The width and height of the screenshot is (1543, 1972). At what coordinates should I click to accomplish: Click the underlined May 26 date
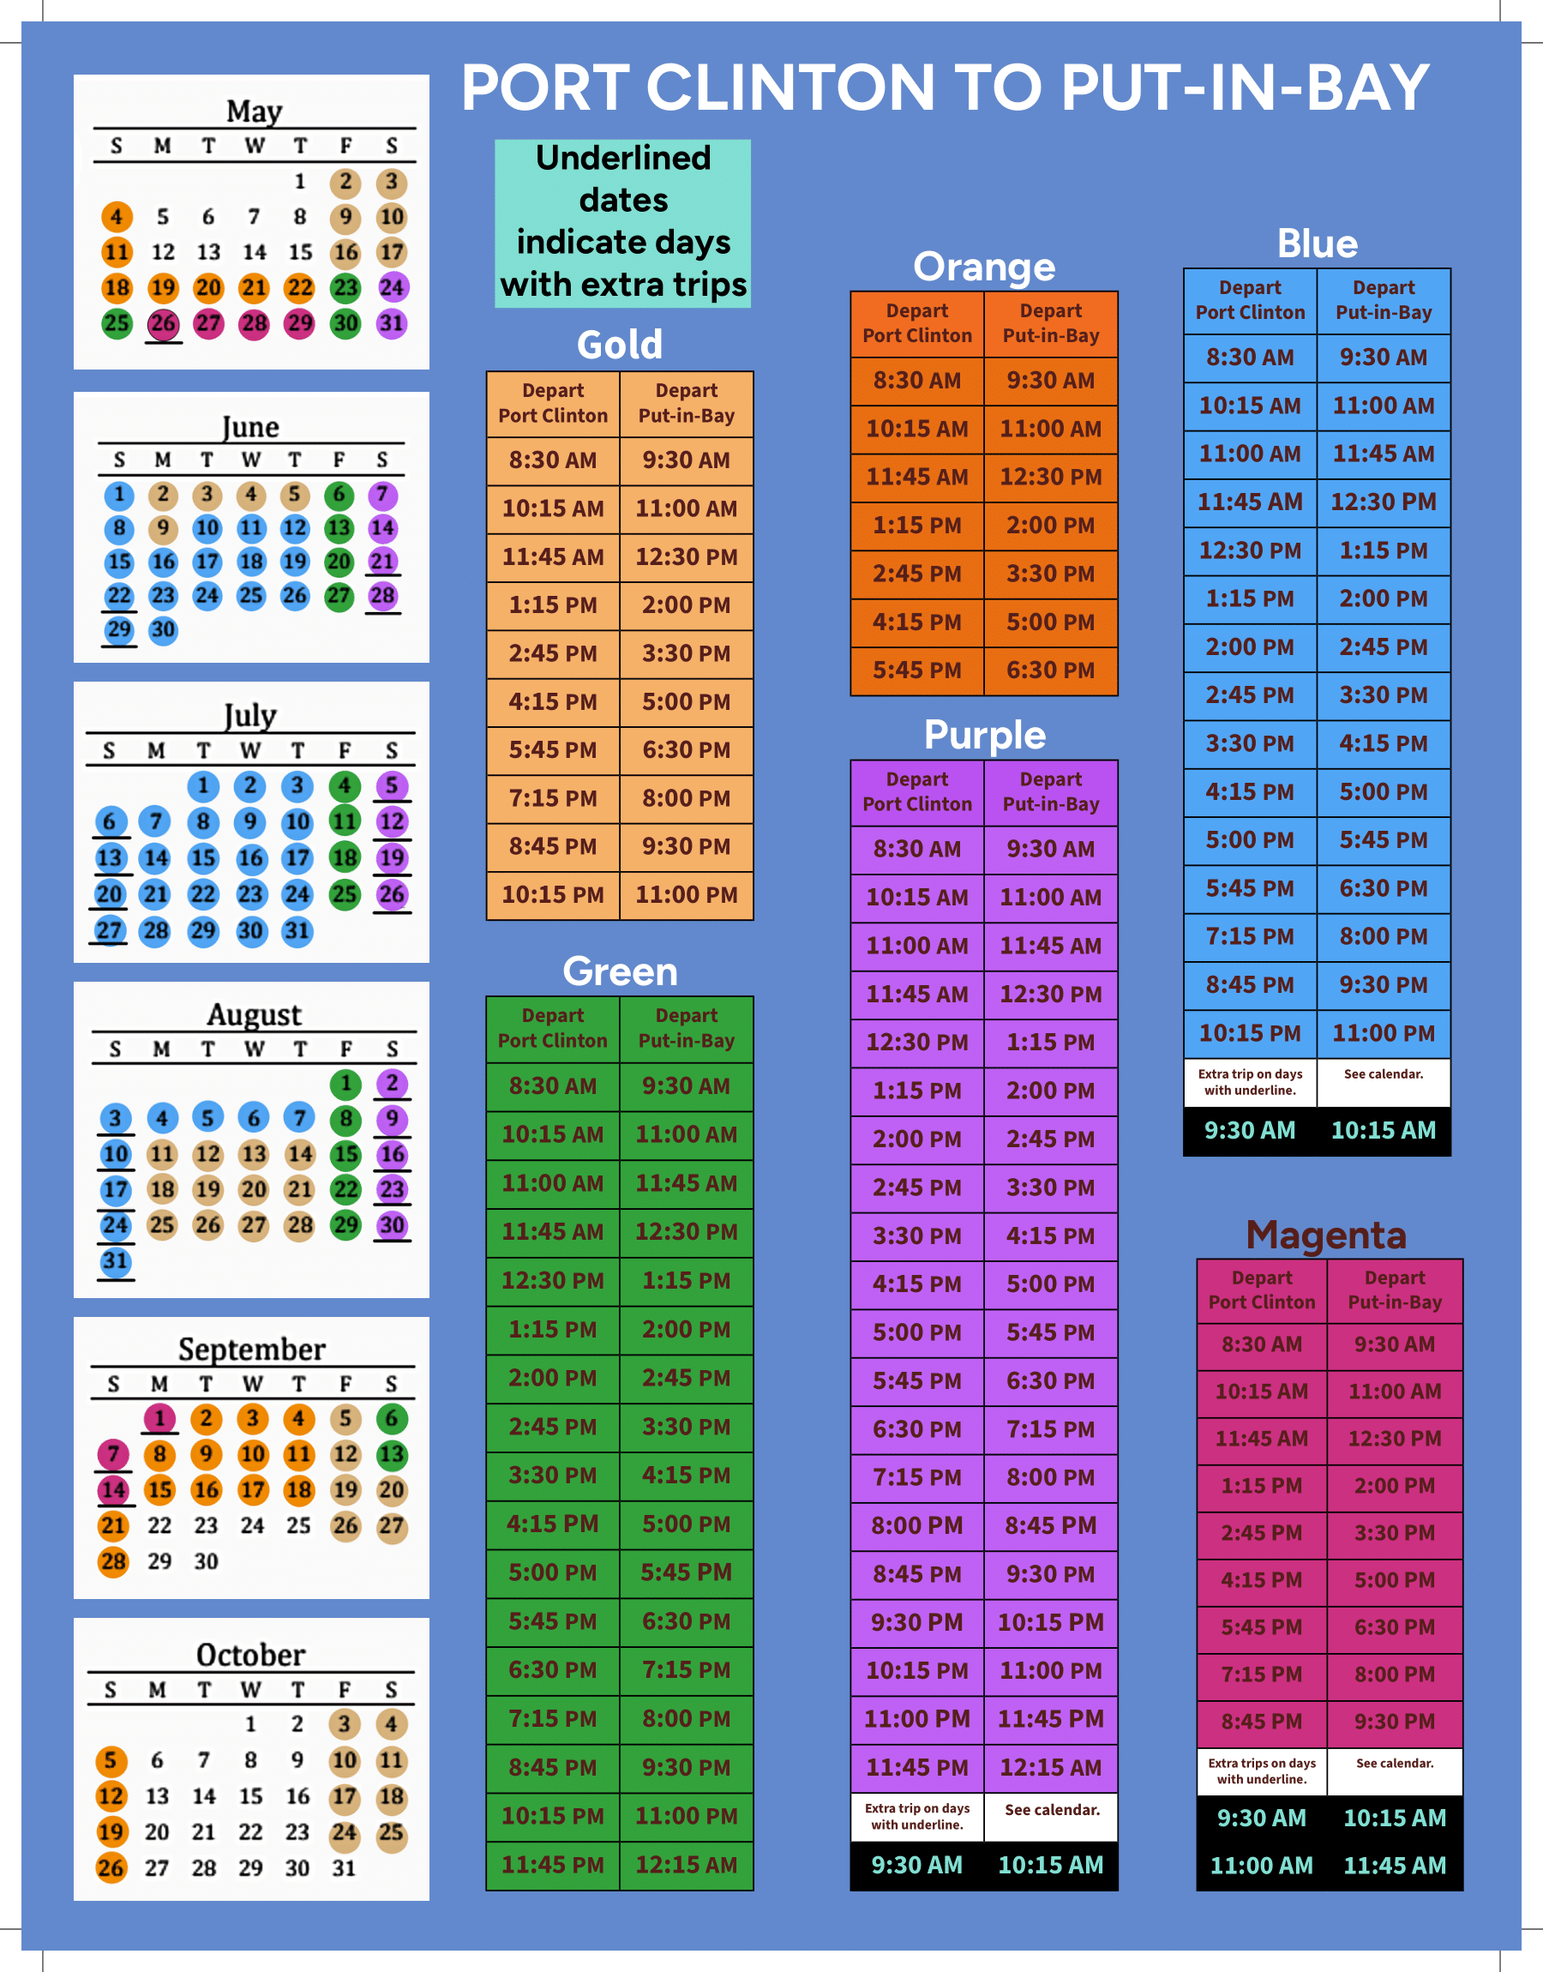[x=163, y=323]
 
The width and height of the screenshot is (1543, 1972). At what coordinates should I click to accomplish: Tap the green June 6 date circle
[x=339, y=494]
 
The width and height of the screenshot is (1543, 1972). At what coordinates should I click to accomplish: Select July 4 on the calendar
[x=345, y=786]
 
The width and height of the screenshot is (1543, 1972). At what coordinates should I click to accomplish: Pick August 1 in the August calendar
[x=345, y=1083]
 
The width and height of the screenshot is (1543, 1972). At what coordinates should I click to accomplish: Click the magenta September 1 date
[x=160, y=1418]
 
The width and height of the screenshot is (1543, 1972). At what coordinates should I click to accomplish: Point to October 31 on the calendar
[x=345, y=1867]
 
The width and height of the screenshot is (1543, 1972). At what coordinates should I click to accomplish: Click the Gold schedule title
[x=620, y=344]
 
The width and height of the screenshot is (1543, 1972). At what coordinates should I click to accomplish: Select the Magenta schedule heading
[x=1325, y=1234]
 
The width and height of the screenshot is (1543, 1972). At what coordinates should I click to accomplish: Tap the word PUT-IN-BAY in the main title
[x=1245, y=87]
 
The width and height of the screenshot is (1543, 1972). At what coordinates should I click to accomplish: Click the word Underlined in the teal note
[x=623, y=158]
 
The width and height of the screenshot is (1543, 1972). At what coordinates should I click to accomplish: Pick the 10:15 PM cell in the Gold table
[x=553, y=895]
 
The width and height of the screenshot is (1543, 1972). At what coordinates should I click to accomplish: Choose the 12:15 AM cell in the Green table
[x=687, y=1865]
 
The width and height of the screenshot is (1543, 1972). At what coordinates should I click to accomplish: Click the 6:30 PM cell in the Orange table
[x=1051, y=670]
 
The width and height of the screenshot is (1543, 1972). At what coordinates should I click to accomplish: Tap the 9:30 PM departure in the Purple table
[x=917, y=1622]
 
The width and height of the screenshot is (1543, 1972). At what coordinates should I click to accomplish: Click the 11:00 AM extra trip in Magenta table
[x=1261, y=1866]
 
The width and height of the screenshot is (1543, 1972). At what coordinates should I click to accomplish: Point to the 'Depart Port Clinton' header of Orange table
[x=917, y=322]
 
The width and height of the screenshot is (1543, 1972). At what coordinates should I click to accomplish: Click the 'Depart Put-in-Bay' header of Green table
[x=687, y=1028]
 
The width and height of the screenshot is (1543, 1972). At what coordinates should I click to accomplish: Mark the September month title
[x=251, y=1349]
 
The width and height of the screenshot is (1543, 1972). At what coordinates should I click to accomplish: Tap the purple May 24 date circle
[x=391, y=288]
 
